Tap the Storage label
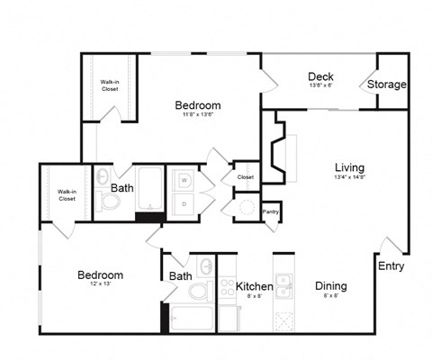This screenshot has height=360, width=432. point(387,85)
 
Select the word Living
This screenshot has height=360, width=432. point(349,166)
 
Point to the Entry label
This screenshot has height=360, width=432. point(391,266)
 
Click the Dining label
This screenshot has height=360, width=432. point(331,286)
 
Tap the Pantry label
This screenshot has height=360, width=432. point(270,212)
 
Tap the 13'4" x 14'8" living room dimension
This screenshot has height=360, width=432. point(349,177)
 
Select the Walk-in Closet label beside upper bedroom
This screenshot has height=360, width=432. point(109,85)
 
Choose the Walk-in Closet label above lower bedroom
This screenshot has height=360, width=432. point(67,194)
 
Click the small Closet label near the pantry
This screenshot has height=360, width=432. point(246,177)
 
